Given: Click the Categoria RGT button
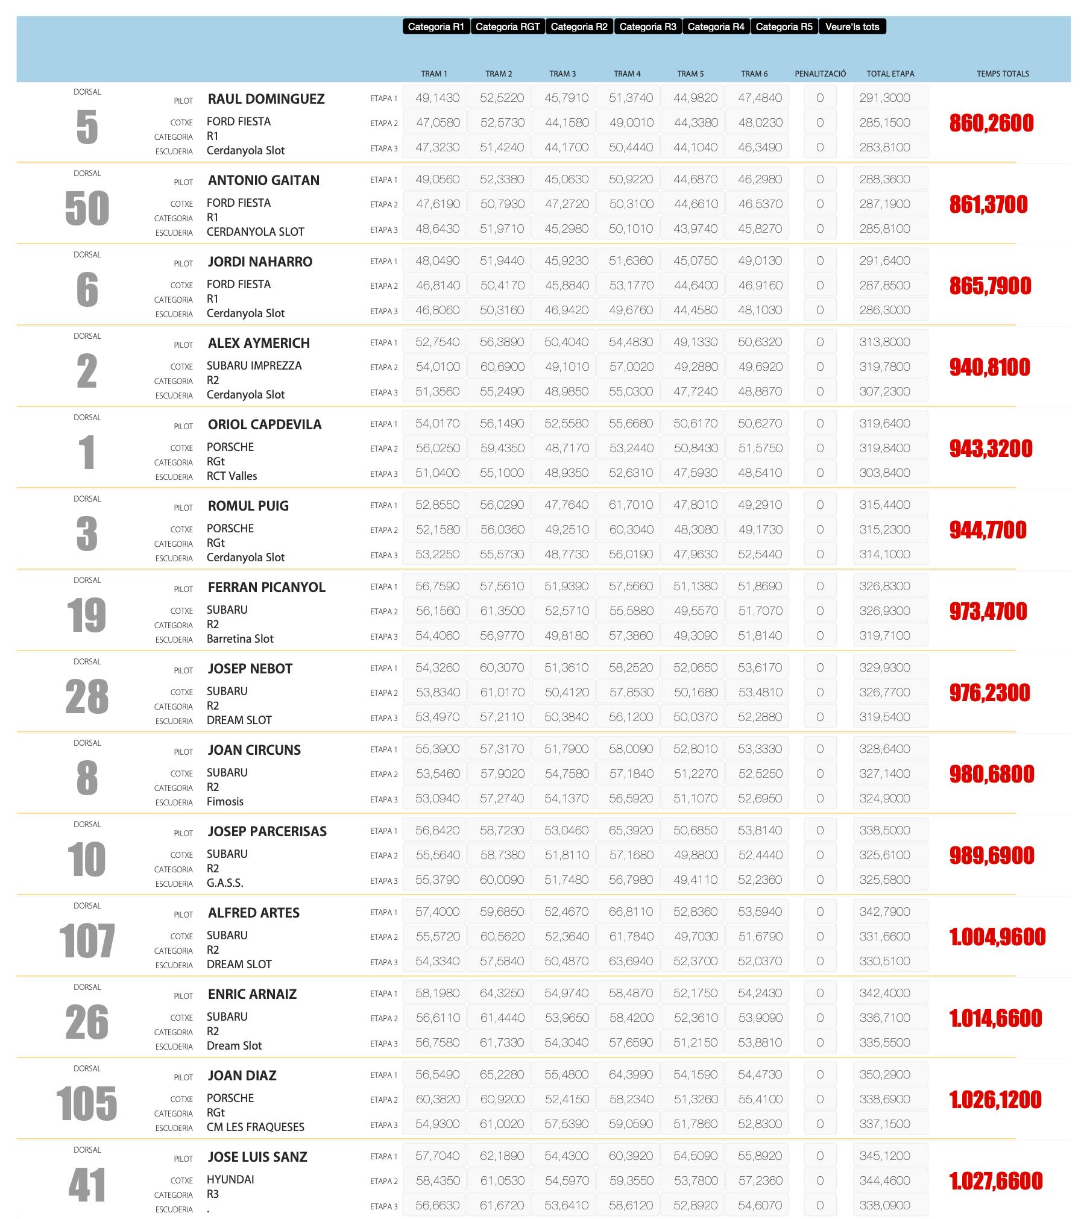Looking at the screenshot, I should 508,27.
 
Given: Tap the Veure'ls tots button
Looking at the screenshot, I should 852,27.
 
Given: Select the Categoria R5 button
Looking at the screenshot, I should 784,27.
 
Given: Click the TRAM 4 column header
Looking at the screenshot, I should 627,74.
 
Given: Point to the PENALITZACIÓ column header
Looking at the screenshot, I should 820,74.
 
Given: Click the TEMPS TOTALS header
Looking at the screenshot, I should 1003,74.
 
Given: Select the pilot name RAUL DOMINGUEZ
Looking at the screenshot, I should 266,99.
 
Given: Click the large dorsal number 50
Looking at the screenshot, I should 87,209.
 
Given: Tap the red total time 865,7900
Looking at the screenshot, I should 990,286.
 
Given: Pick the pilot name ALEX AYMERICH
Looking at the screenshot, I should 259,343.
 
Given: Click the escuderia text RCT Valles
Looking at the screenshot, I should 232,476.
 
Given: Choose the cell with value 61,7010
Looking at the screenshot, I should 631,505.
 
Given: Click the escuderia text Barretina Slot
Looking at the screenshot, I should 240,639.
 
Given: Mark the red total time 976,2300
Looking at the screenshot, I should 989,693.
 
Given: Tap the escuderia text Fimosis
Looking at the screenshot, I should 225,802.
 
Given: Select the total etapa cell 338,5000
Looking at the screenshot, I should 884,830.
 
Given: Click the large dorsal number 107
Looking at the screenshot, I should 87,941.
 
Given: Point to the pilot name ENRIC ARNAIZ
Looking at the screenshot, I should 252,994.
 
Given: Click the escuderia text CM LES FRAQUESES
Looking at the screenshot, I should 255,1127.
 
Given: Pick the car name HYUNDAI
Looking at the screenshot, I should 230,1180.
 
